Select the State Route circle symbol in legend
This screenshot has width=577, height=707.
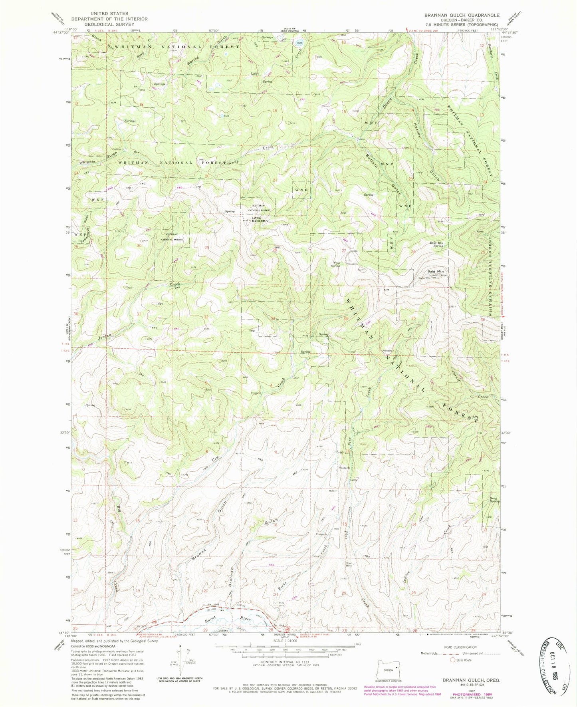tap(453, 660)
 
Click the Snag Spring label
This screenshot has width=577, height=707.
tap(494, 499)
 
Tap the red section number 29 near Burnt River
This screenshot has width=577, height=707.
tap(205, 630)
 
